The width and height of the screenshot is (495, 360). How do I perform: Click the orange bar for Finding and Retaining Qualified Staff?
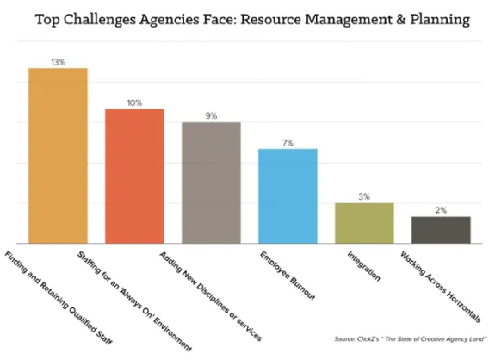click(x=58, y=155)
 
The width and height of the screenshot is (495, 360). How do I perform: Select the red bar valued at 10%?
click(x=134, y=176)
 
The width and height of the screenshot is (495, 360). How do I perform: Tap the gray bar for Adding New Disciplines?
click(x=211, y=183)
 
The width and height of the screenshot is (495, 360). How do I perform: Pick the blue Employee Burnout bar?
click(x=288, y=196)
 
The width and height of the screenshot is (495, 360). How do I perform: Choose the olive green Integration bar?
click(x=364, y=223)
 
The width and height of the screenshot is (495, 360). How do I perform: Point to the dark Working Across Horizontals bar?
click(x=441, y=230)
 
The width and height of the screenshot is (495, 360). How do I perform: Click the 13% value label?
click(x=58, y=61)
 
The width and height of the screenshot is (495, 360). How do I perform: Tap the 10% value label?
click(x=134, y=102)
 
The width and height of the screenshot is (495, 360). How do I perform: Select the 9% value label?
click(x=211, y=116)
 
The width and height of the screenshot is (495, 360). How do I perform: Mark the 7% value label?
click(x=288, y=143)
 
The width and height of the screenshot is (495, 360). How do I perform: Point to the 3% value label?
click(x=364, y=197)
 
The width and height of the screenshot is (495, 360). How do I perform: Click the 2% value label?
click(x=441, y=210)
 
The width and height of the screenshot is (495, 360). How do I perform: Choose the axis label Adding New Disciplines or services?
click(x=210, y=292)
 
